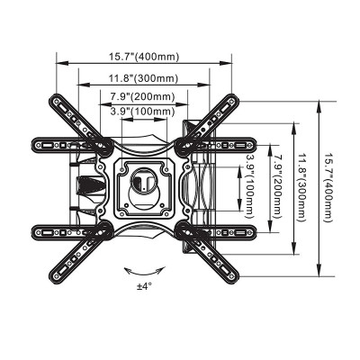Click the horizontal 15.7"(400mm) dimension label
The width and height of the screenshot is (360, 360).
(x=145, y=57)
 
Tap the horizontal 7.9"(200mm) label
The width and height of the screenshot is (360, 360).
(x=142, y=97)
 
